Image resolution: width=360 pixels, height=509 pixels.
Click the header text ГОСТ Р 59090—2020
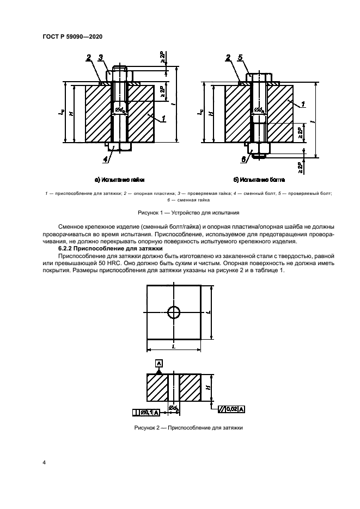coord(72,36)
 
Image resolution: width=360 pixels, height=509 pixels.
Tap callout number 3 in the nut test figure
coord(101,58)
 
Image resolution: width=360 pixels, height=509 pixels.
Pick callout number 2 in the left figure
coord(88,58)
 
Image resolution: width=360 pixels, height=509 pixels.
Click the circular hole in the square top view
coord(174,312)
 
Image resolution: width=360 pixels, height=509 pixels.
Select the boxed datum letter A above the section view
coord(159,363)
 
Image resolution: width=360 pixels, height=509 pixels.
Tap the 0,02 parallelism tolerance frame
coord(231,408)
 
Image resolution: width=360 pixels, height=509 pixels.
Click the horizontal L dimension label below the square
coord(173,346)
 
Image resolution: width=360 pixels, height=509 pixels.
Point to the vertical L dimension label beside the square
coord(209,312)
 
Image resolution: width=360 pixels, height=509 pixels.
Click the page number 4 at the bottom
coord(44,462)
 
